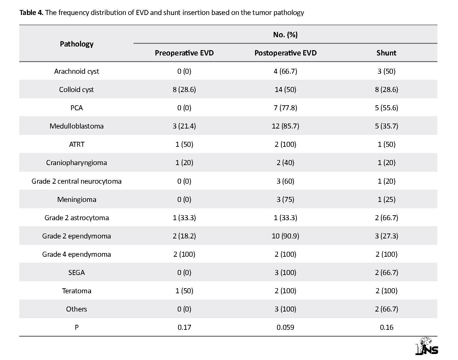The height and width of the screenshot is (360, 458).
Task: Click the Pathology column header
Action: [x=77, y=44]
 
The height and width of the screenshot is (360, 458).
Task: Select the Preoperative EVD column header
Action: [x=184, y=53]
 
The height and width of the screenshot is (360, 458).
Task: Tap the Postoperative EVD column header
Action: [x=285, y=53]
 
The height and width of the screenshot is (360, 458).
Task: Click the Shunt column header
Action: [x=386, y=53]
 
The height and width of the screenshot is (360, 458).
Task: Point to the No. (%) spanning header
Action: [x=285, y=35]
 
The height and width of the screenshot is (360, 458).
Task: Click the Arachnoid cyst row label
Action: [x=77, y=71]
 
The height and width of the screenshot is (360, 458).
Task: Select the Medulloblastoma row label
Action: [x=77, y=126]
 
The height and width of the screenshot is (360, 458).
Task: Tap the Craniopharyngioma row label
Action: [x=77, y=163]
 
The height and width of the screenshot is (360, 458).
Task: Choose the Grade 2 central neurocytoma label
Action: [x=77, y=181]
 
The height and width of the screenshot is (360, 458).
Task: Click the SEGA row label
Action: [x=77, y=273]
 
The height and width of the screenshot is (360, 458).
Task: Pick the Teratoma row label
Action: [x=77, y=291]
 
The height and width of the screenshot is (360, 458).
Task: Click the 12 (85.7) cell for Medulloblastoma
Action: [x=285, y=126]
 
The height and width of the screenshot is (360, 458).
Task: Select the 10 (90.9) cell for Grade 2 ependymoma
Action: [x=285, y=236]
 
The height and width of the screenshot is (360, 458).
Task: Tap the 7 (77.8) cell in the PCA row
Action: [x=285, y=108]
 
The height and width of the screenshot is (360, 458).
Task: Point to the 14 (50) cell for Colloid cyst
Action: [x=285, y=89]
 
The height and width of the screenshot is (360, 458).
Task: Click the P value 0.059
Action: [x=285, y=327]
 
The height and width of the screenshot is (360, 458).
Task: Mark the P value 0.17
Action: [x=184, y=327]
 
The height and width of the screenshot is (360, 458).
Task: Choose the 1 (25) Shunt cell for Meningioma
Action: [x=387, y=200]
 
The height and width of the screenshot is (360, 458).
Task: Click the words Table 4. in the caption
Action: [x=32, y=13]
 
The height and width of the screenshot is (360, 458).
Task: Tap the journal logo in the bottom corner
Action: [x=427, y=346]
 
